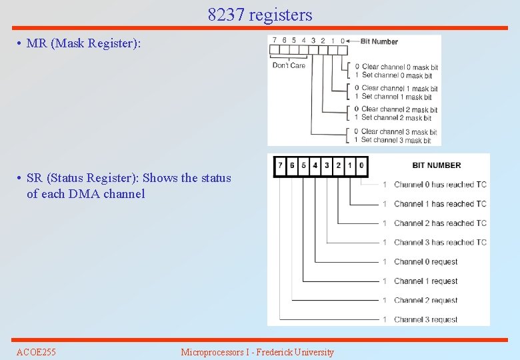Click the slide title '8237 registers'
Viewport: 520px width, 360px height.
(259, 15)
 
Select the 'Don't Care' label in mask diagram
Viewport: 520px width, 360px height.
(289, 65)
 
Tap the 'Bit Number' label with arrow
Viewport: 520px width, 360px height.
(379, 41)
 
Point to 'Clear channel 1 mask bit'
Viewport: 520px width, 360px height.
(399, 88)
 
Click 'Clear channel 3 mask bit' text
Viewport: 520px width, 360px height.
(399, 131)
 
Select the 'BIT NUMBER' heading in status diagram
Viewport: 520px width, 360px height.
(436, 165)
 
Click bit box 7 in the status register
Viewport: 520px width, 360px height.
(281, 165)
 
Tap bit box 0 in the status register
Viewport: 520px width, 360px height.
(361, 165)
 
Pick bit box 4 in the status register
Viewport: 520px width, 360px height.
(315, 165)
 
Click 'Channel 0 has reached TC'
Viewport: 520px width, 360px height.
(440, 185)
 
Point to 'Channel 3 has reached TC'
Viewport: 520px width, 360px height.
(440, 243)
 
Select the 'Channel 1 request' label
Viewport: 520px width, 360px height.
(425, 281)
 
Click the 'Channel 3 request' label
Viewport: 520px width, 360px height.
(425, 320)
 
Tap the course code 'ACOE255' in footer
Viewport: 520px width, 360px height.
(36, 352)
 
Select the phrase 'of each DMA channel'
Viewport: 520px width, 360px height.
(85, 194)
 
